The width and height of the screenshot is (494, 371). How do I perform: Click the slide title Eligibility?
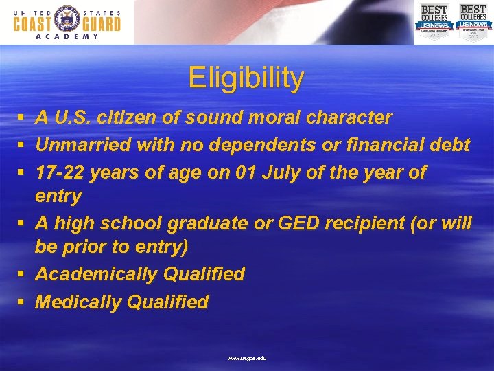click(246, 78)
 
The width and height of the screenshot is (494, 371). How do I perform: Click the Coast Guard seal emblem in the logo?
click(67, 22)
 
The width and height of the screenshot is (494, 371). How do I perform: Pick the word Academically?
click(96, 274)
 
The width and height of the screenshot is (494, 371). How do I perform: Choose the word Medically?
click(78, 302)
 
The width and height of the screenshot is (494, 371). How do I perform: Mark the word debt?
click(451, 145)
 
